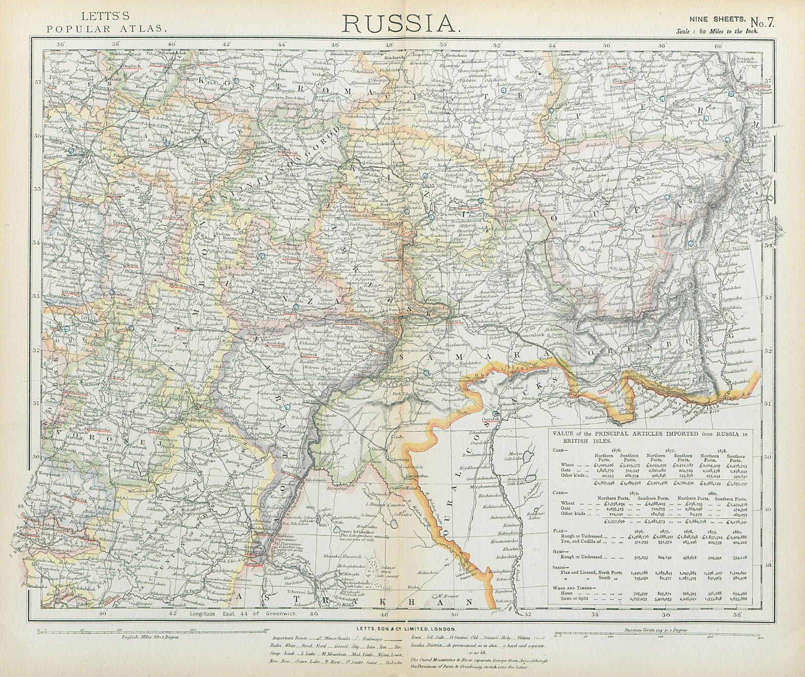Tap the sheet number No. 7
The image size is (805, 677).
(764, 22)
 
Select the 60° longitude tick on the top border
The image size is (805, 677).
(717, 45)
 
